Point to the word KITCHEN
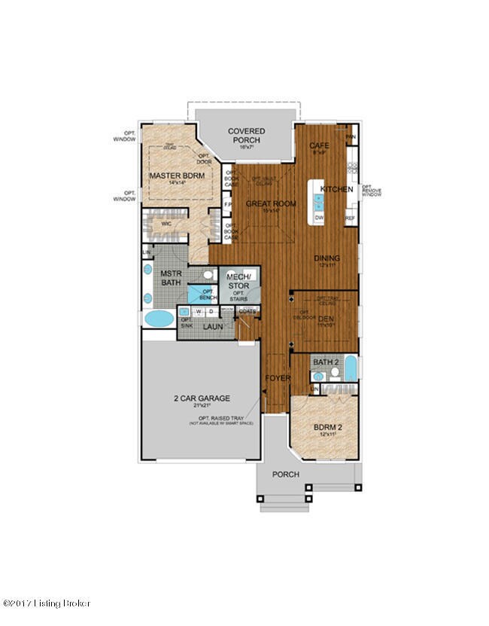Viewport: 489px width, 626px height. pos(336,189)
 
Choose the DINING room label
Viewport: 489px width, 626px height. pos(327,258)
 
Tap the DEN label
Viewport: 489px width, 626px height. pos(325,319)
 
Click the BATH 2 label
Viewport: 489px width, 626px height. pos(326,362)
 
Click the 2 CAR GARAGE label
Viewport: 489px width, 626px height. pos(199,398)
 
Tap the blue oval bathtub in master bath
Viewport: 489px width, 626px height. pos(159,319)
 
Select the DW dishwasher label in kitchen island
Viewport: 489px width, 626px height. pos(319,217)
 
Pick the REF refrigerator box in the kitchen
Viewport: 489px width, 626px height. pos(350,218)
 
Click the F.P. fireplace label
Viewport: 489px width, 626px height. pos(228,204)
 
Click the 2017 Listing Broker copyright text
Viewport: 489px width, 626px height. pos(47,603)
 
